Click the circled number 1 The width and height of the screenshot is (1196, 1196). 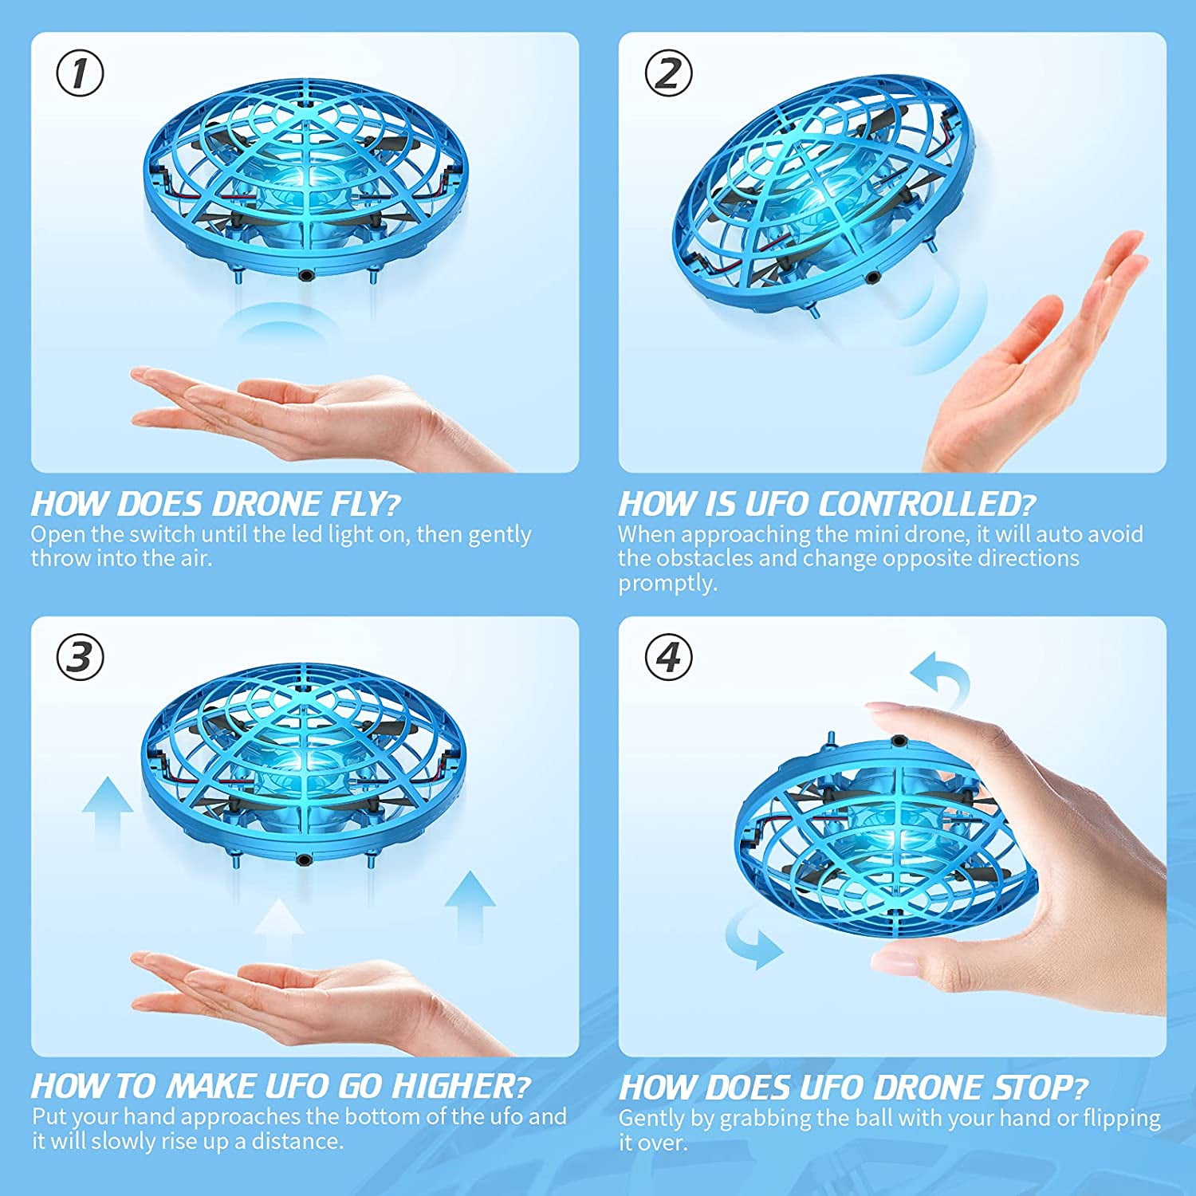click(80, 73)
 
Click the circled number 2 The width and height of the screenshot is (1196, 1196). click(667, 73)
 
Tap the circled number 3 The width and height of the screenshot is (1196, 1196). click(80, 658)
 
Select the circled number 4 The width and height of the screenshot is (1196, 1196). click(667, 658)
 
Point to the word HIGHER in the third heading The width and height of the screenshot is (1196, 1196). click(454, 1087)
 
